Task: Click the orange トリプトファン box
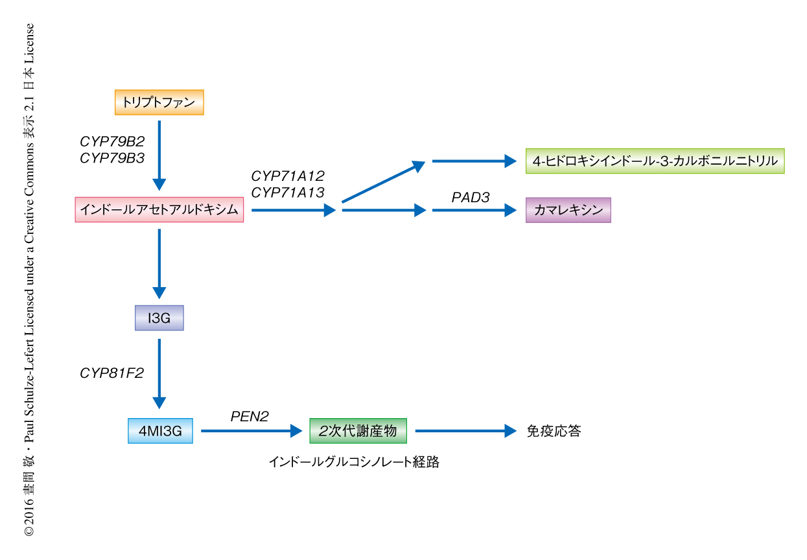coord(159,102)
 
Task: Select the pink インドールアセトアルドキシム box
coord(159,210)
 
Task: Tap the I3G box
coord(159,318)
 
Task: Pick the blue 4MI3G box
coord(160,430)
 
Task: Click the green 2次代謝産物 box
coord(358,430)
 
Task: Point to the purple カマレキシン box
coord(568,210)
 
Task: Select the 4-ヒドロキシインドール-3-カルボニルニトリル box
coord(655,161)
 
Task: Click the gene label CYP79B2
coord(112,141)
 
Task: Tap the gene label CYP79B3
coord(112,157)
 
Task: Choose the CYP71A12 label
coord(287,176)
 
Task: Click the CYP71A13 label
coord(287,192)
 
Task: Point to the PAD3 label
coord(471,197)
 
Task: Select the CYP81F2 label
coord(111,373)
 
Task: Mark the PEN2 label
coord(250,417)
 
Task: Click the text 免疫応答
coord(554,431)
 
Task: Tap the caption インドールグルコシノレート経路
coord(354,462)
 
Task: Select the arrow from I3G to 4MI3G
coord(159,373)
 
